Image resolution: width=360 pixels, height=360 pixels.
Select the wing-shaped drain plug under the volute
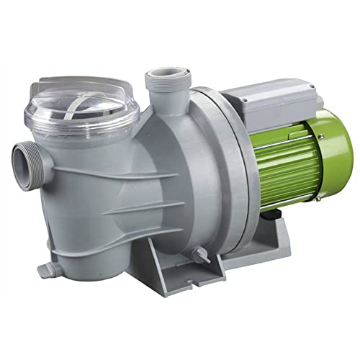point(195,253)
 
